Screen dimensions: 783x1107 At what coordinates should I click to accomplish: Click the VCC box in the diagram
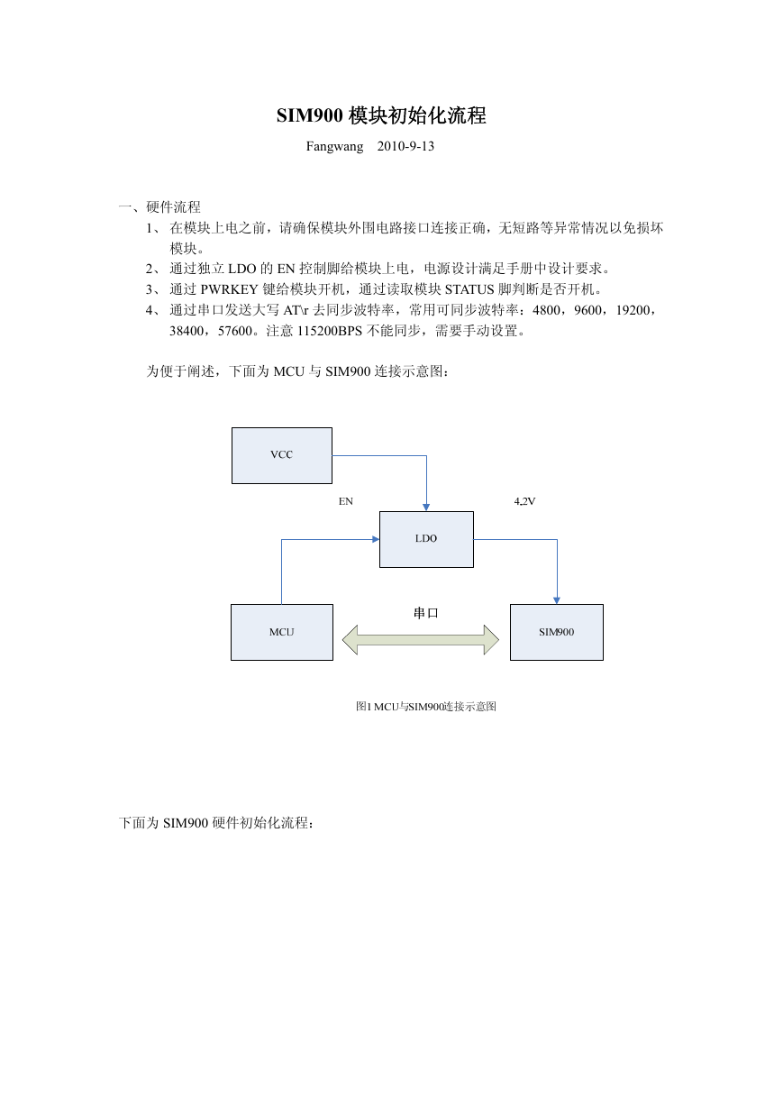tap(282, 455)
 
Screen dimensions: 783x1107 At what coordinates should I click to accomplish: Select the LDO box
tap(426, 539)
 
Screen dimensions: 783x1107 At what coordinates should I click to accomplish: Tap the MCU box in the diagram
tap(282, 632)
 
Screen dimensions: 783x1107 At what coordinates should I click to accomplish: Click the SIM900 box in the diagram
tap(556, 632)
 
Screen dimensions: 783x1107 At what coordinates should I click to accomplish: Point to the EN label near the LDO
tap(346, 501)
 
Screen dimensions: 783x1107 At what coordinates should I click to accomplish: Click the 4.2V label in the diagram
tap(524, 501)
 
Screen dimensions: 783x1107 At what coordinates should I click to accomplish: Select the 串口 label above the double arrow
tap(426, 613)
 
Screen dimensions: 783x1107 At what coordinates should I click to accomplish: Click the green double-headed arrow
tap(421, 639)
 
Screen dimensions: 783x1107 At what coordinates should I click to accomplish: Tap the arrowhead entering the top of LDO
tap(426, 508)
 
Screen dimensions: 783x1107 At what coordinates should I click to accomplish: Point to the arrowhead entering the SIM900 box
tap(557, 600)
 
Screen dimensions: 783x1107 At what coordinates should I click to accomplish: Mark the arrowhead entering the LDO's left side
tap(376, 539)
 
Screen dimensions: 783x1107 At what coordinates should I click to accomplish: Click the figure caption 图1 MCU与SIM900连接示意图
tap(426, 706)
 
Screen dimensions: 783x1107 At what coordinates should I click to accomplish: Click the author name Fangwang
tap(334, 147)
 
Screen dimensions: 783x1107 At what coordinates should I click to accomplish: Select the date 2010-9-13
tap(405, 146)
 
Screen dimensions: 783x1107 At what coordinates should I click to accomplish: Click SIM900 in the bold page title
tap(309, 115)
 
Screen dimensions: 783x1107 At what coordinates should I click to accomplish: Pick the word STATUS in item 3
tap(469, 289)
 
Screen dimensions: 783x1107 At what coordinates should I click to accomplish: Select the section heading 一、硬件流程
tap(159, 206)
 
